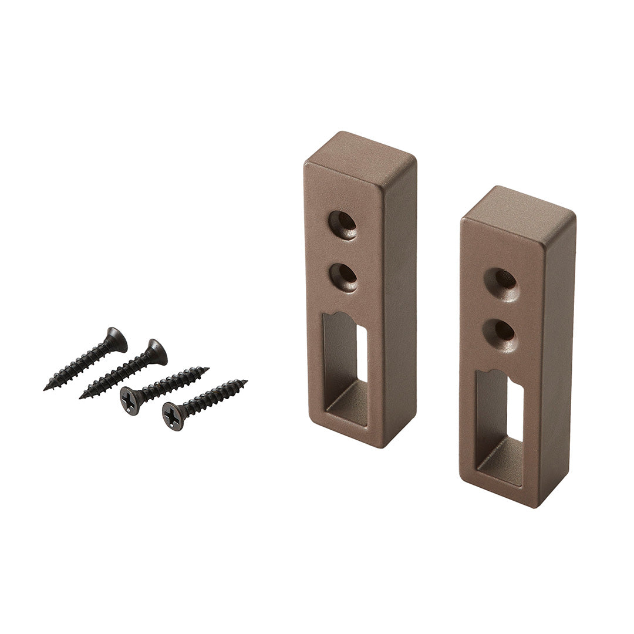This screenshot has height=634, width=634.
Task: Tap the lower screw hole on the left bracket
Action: click(x=343, y=276)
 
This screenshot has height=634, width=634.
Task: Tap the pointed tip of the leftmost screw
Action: click(x=45, y=389)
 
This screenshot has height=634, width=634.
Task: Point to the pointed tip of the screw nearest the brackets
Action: click(x=245, y=382)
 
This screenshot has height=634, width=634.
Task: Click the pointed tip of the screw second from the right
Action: click(x=207, y=369)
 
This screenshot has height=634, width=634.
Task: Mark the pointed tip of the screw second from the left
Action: click(x=81, y=397)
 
